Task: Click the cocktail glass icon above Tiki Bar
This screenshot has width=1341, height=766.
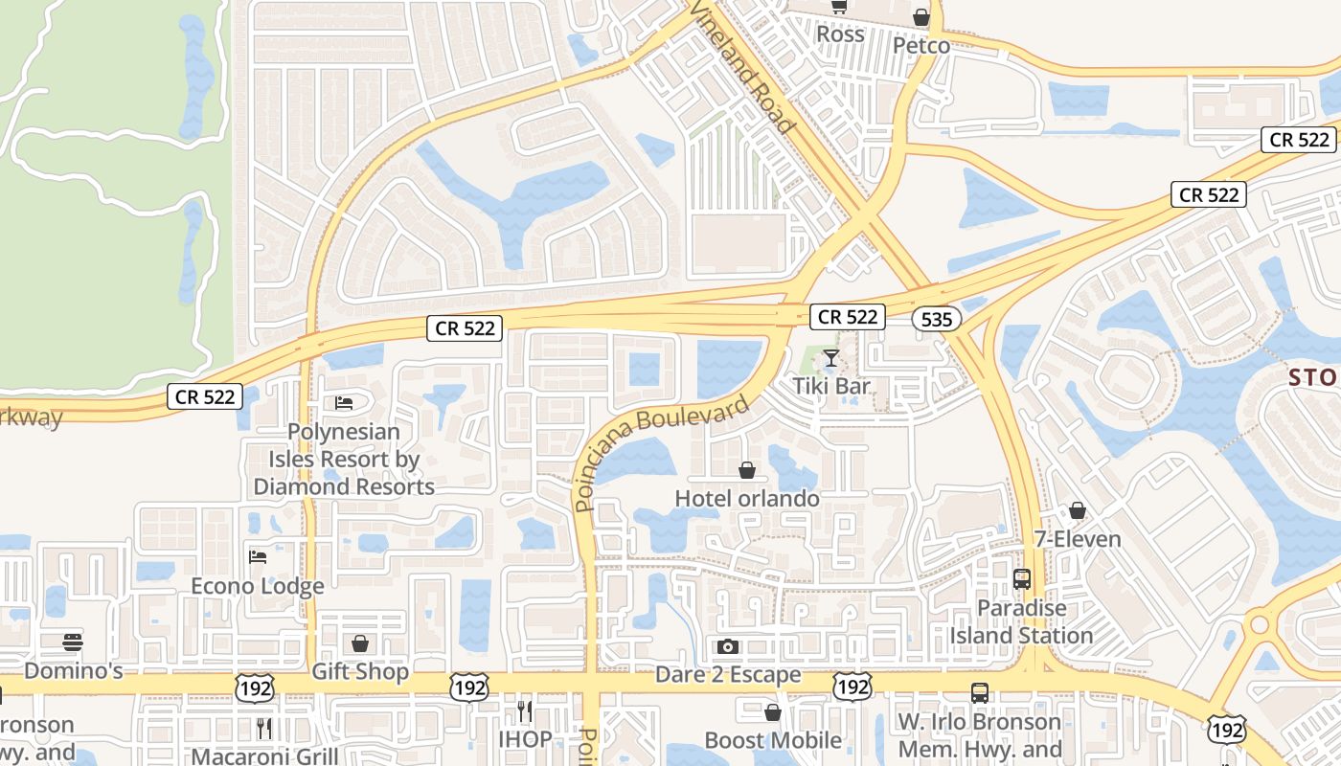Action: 830,358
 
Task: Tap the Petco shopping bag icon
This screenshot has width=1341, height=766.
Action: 921,17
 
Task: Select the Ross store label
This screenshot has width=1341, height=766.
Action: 840,34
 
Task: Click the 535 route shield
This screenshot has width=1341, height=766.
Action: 936,319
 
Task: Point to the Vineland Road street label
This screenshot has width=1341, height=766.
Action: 742,67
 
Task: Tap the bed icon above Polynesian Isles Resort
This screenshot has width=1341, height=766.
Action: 344,402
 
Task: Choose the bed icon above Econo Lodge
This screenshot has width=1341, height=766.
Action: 258,556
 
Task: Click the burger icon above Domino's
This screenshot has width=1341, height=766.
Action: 73,642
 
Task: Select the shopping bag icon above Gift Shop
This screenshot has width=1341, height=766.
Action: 360,643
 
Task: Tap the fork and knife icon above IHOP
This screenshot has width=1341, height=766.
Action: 524,710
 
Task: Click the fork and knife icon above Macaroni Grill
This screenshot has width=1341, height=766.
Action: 264,729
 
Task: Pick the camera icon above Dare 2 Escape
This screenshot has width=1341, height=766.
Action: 728,646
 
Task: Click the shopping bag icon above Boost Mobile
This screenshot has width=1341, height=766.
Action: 773,712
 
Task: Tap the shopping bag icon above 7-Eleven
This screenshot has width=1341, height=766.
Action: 1078,510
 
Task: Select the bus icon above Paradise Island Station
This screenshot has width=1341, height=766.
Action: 1022,579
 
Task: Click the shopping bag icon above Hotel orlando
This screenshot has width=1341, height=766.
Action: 747,470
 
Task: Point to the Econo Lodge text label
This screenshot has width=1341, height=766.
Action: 258,586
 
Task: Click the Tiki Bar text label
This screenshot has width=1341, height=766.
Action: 831,386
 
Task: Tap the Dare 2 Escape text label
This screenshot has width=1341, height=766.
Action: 728,675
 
